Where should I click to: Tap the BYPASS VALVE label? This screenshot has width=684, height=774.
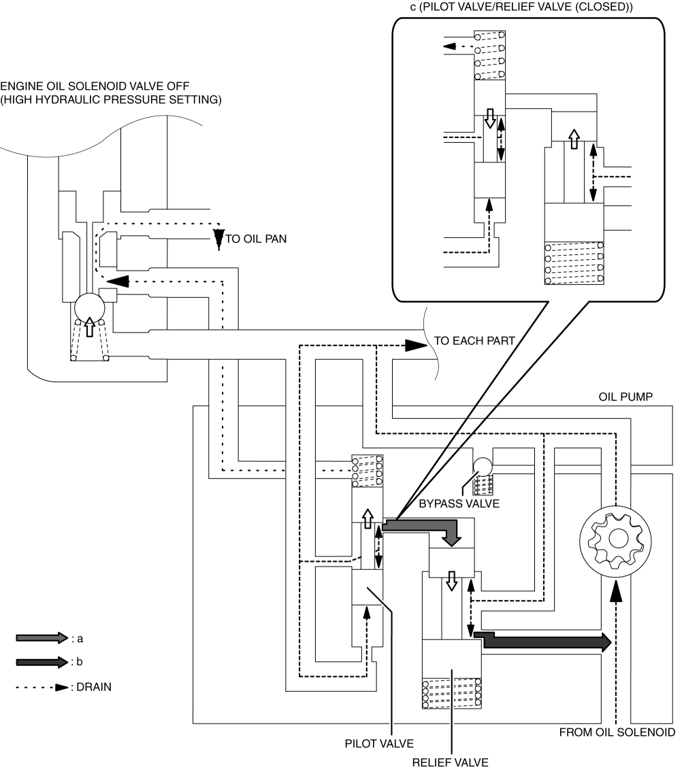pyautogui.click(x=459, y=504)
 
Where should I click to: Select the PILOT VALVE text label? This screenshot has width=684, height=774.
pyautogui.click(x=379, y=744)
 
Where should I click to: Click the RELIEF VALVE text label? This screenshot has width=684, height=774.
pyautogui.click(x=450, y=762)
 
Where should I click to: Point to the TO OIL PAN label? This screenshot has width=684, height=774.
pyautogui.click(x=256, y=239)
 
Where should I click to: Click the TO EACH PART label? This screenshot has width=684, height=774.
pyautogui.click(x=474, y=341)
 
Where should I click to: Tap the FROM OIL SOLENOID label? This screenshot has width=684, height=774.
pyautogui.click(x=617, y=733)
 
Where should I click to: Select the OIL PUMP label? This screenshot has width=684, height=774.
pyautogui.click(x=625, y=397)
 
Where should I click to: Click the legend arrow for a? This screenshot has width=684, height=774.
pyautogui.click(x=42, y=638)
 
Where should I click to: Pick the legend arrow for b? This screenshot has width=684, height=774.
pyautogui.click(x=42, y=662)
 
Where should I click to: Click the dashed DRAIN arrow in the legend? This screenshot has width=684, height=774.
pyautogui.click(x=42, y=687)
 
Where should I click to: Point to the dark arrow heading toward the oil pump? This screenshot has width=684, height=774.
pyautogui.click(x=542, y=641)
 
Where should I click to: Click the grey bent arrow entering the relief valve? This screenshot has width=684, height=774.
pyautogui.click(x=422, y=530)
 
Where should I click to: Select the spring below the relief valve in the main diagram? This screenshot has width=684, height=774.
pyautogui.click(x=451, y=694)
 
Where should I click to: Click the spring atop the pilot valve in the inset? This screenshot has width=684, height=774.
pyautogui.click(x=489, y=55)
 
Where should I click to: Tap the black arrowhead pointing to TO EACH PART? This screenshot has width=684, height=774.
pyautogui.click(x=416, y=346)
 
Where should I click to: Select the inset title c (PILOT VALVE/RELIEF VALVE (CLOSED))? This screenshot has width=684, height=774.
pyautogui.click(x=521, y=7)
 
